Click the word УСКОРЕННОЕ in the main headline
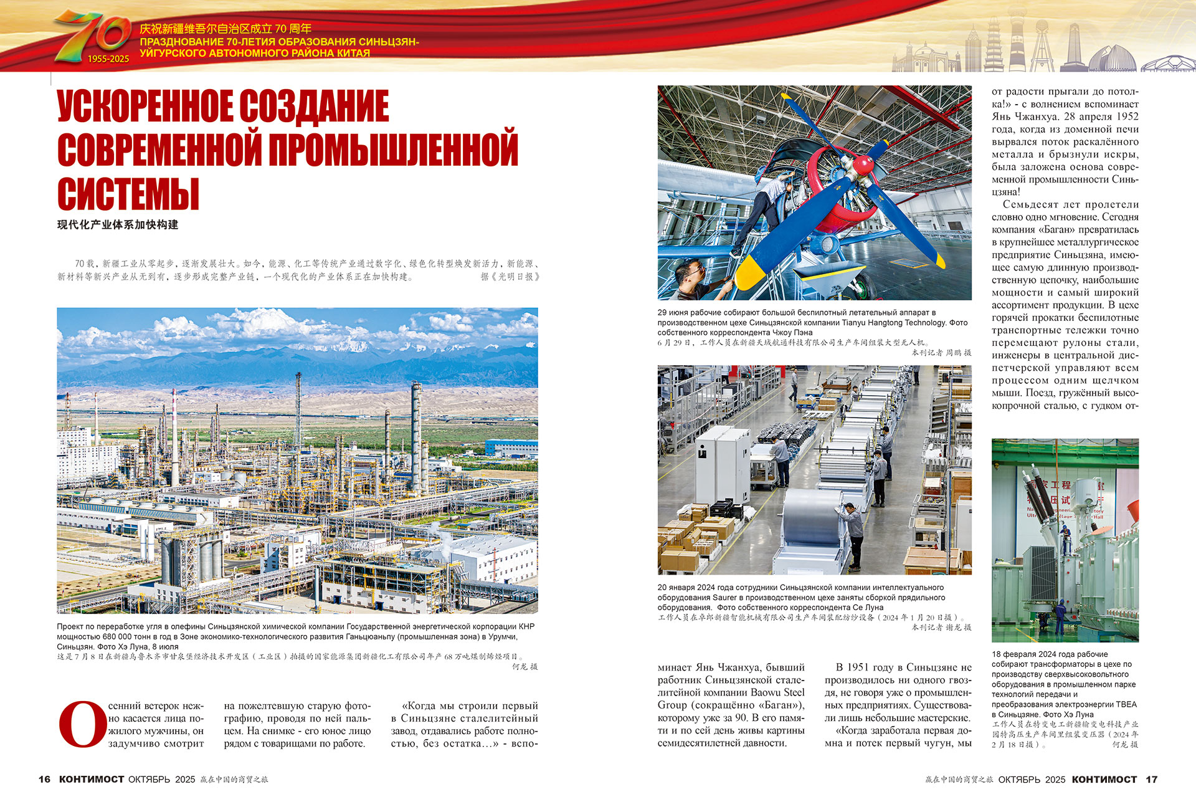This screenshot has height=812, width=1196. tap(147, 107)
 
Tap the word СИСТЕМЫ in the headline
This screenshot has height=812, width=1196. tap(128, 194)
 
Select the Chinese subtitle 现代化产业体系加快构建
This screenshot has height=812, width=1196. tap(118, 225)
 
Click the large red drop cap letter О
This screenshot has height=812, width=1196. tap(82, 724)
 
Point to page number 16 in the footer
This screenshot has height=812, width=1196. tap(44, 780)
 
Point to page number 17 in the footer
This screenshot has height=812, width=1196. tap(1152, 780)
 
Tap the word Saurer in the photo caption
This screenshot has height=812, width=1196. tap(724, 598)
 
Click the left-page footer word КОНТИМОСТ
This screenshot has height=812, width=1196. tap(92, 780)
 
